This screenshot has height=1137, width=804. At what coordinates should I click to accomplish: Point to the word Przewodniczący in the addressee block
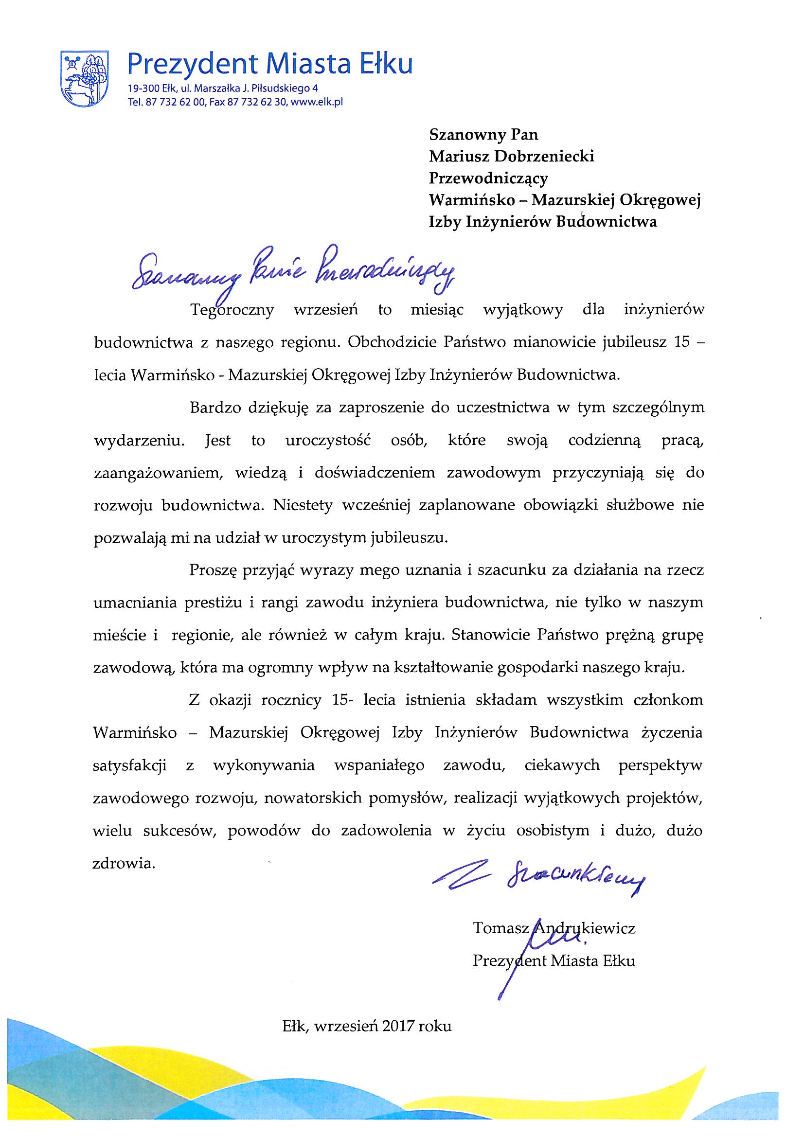point(488,178)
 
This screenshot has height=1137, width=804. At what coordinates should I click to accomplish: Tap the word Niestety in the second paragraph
point(306,506)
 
